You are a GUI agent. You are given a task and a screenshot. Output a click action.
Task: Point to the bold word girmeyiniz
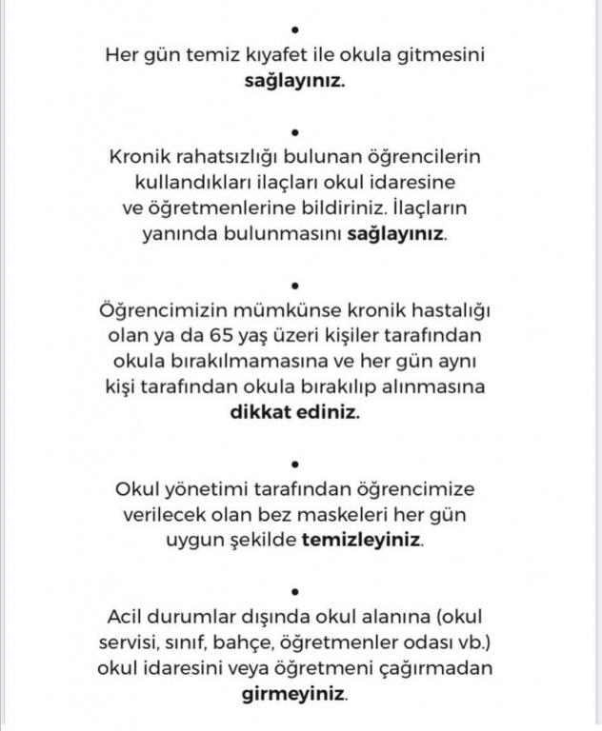293,694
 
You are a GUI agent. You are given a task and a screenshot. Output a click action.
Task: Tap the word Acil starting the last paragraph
126,617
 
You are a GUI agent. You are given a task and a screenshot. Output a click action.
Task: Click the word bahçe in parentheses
273,642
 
